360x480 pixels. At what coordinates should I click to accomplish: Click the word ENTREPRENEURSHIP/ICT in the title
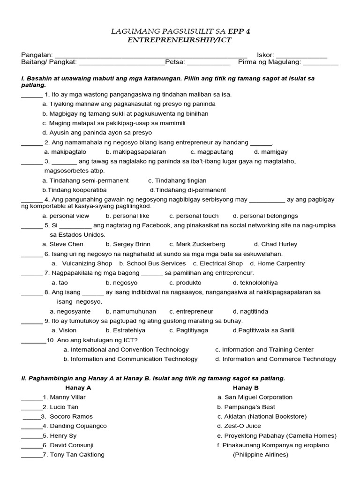pyautogui.click(x=180, y=40)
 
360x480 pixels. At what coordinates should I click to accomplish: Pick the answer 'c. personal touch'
pyautogui.click(x=194, y=216)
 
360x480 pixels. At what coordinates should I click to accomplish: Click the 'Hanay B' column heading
pyautogui.click(x=246, y=388)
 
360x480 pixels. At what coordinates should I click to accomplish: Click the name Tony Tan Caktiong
pyautogui.click(x=74, y=455)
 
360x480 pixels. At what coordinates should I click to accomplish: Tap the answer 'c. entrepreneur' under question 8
pyautogui.click(x=191, y=311)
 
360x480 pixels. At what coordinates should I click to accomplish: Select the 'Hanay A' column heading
pyautogui.click(x=78, y=388)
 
